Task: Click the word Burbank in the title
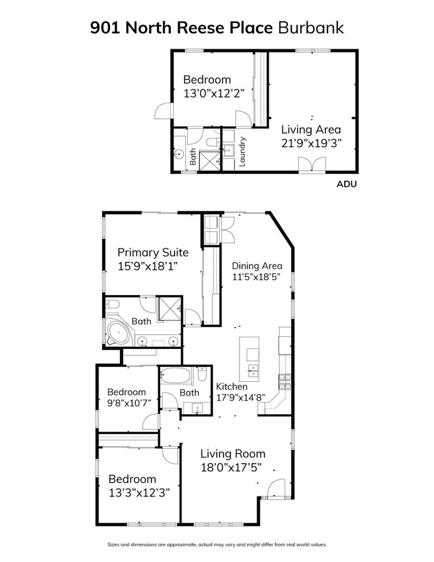(x=311, y=28)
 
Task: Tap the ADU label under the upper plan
(x=347, y=184)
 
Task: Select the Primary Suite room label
(x=153, y=253)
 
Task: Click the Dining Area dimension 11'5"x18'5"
(x=256, y=277)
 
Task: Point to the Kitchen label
(x=231, y=386)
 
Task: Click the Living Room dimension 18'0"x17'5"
(x=231, y=467)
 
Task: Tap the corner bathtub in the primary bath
(x=118, y=333)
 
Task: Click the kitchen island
(x=249, y=359)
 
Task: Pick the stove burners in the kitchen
(x=285, y=382)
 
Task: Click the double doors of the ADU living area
(x=312, y=165)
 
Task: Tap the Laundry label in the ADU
(x=242, y=152)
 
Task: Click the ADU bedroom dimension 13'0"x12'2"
(x=214, y=94)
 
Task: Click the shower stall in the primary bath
(x=170, y=308)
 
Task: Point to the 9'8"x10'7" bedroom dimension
(x=129, y=403)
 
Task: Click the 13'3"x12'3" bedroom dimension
(x=139, y=492)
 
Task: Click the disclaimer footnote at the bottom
(x=217, y=544)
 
